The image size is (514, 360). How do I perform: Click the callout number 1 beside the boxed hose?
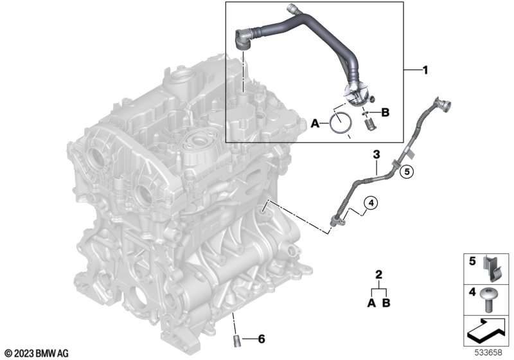pyautogui.click(x=425, y=70)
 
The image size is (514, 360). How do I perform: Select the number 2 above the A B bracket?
pyautogui.click(x=378, y=274)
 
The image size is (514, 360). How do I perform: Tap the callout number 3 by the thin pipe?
pyautogui.click(x=377, y=154)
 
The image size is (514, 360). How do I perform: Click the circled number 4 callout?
pyautogui.click(x=371, y=203)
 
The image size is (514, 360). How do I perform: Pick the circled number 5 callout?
pyautogui.click(x=407, y=171)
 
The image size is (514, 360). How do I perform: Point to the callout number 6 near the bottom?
pyautogui.click(x=261, y=339)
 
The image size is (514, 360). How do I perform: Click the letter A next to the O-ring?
pyautogui.click(x=315, y=123)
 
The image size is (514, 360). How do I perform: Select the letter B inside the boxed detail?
pyautogui.click(x=385, y=113)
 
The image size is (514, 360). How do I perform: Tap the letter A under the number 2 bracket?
pyautogui.click(x=371, y=303)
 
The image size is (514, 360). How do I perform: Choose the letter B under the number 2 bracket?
pyautogui.click(x=387, y=303)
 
